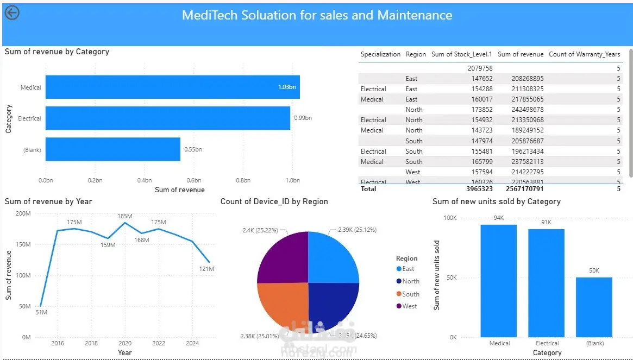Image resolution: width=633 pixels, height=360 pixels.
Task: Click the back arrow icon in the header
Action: click(x=12, y=13)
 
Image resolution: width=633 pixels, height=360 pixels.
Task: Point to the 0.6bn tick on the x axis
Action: click(x=193, y=180)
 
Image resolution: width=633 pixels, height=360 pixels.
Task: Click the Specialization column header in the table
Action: click(x=380, y=54)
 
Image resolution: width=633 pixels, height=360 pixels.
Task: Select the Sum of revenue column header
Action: click(x=521, y=54)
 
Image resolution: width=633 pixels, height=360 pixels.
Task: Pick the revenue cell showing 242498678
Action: click(x=527, y=110)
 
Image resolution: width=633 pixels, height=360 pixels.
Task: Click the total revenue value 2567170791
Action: click(x=521, y=189)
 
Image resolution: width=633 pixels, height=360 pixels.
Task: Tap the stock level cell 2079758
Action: click(x=480, y=68)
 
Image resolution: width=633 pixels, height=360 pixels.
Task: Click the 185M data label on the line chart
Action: click(x=125, y=217)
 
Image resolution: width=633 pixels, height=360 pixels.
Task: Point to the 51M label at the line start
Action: click(x=41, y=312)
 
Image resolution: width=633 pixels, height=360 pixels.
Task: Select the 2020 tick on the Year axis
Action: click(x=125, y=343)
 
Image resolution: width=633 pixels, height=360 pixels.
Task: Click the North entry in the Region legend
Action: click(x=410, y=281)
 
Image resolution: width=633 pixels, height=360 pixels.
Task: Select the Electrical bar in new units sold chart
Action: click(x=546, y=282)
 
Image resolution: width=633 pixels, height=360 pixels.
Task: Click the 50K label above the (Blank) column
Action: click(x=594, y=270)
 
